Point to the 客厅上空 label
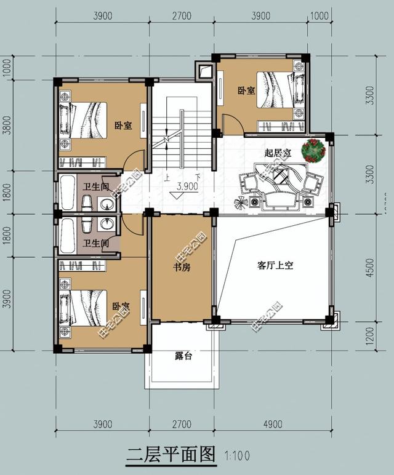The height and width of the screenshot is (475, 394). tap(275, 266)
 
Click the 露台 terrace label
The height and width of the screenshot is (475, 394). tap(183, 356)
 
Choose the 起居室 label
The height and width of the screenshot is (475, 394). tap(278, 153)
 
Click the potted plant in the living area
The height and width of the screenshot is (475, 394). tap(314, 150)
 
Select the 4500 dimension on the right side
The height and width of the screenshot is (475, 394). tap(369, 267)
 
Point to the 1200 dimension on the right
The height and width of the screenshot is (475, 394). tap(369, 335)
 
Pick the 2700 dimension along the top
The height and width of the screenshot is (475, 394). tap(182, 16)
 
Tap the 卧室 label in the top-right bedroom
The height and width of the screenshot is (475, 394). tap(246, 91)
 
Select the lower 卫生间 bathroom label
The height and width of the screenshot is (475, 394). tap(96, 244)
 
